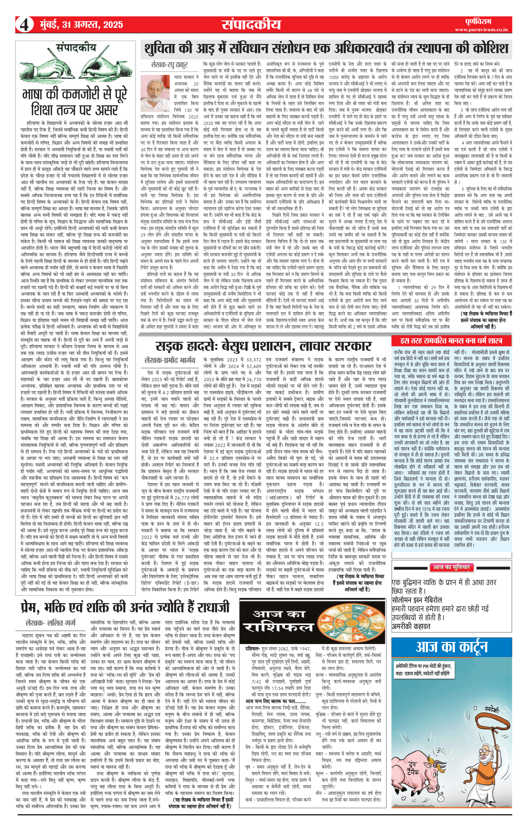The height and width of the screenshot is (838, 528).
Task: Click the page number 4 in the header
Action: pyautogui.click(x=24, y=25)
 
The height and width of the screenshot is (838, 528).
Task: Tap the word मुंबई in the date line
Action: pyautogui.click(x=50, y=25)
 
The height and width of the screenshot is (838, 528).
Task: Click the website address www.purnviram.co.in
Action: pyautogui.click(x=481, y=29)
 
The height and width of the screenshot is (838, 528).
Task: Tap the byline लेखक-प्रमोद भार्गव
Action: pyautogui.click(x=170, y=360)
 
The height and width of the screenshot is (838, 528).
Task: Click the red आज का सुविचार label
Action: pyautogui.click(x=451, y=567)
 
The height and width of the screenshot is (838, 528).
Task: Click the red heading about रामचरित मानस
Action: pyautogui.click(x=451, y=340)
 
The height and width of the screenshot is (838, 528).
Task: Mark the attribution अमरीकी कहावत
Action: pyautogui.click(x=411, y=626)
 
